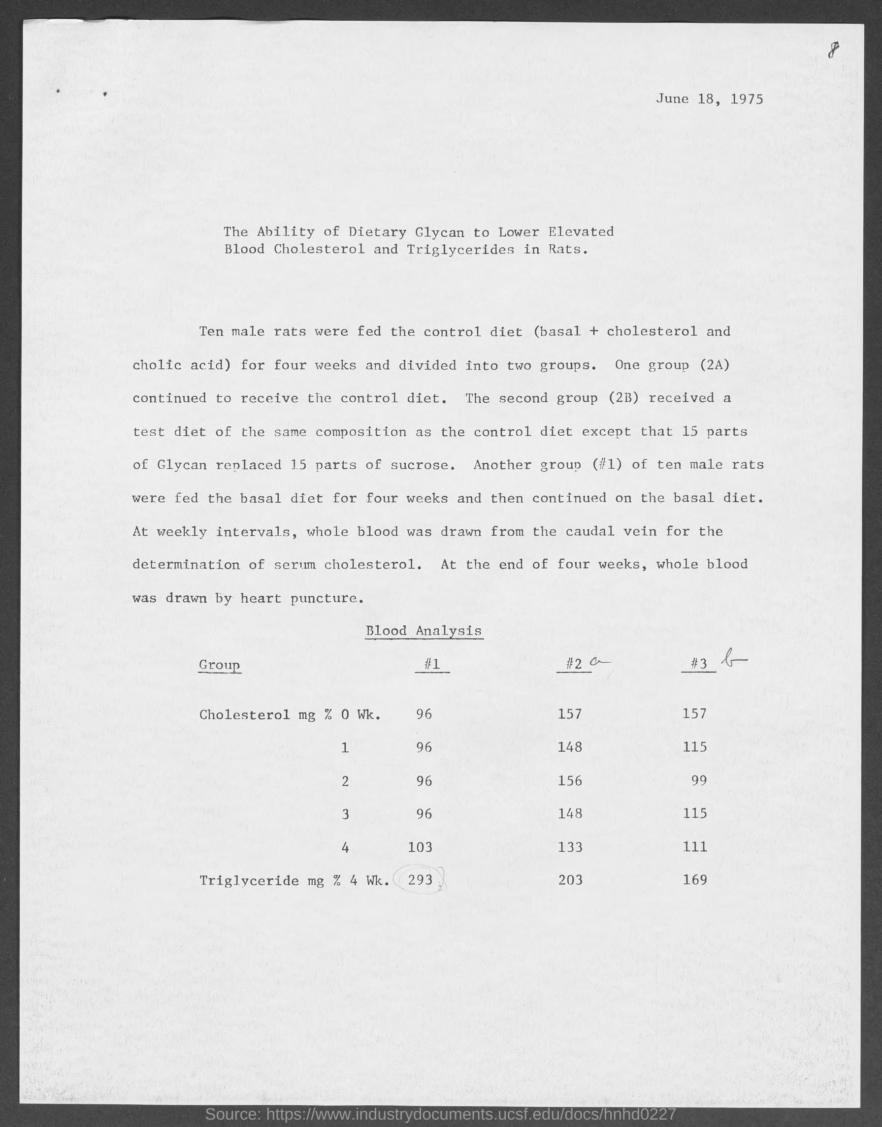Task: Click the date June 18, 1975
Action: (709, 99)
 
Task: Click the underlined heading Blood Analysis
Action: (424, 630)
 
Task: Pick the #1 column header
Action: (432, 664)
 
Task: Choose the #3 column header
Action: (698, 664)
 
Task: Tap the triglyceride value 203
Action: (570, 880)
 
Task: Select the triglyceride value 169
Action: (694, 879)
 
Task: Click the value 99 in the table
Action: (698, 780)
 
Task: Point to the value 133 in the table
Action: (570, 847)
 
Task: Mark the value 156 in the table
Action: (570, 780)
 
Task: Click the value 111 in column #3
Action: (694, 847)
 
